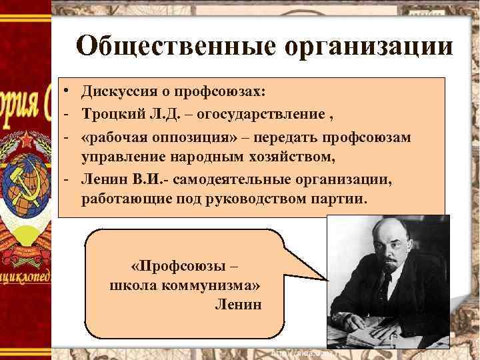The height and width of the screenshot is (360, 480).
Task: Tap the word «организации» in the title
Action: click(x=371, y=48)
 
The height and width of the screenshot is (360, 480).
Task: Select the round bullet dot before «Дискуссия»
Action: click(x=68, y=89)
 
